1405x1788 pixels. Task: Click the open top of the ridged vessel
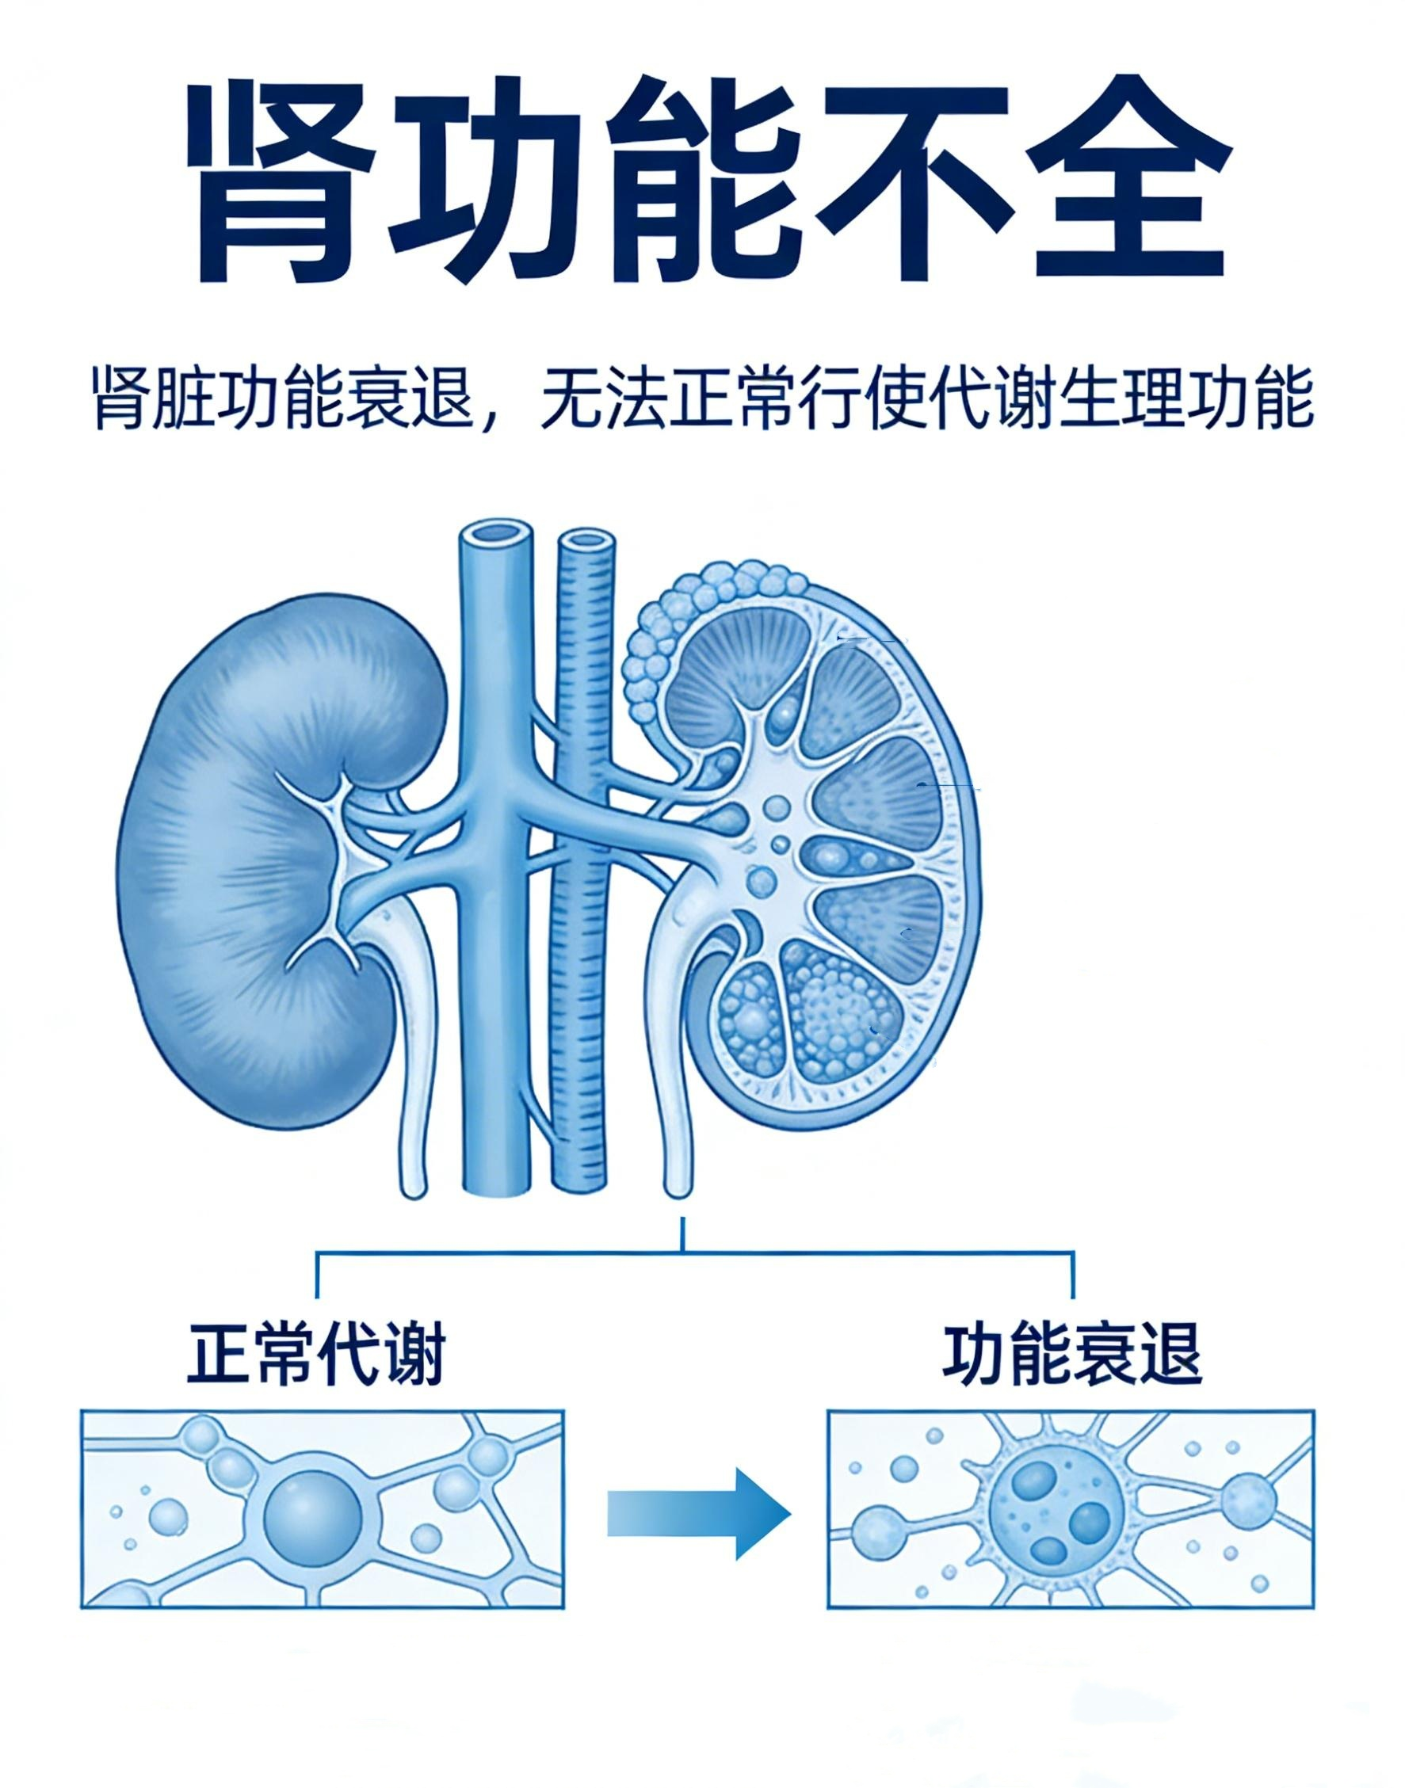[586, 540]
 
